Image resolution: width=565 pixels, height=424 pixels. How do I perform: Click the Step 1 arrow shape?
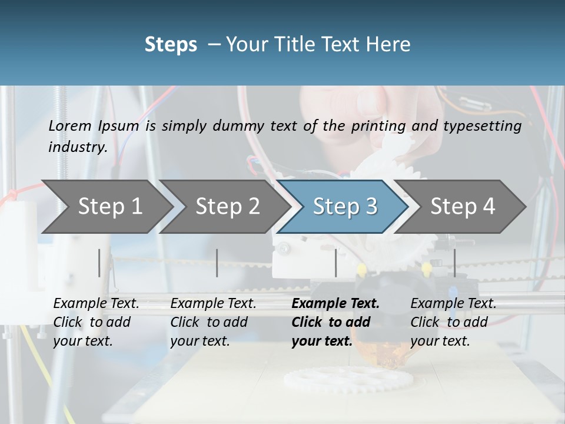tap(109, 206)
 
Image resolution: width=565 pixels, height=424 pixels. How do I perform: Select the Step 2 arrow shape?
tap(227, 206)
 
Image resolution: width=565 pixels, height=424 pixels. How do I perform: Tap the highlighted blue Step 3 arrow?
tap(344, 206)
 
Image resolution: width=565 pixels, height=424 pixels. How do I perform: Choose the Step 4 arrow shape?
tap(462, 206)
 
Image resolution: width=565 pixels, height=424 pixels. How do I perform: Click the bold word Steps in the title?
tap(171, 45)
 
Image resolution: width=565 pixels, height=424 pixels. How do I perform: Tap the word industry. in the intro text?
tap(78, 147)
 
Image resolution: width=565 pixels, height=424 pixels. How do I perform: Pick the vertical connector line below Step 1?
tap(99, 263)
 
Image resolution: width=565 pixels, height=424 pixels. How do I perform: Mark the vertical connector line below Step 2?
tap(217, 263)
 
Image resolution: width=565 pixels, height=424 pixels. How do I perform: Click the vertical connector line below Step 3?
tap(335, 263)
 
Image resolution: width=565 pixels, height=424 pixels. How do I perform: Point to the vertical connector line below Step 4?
tap(454, 263)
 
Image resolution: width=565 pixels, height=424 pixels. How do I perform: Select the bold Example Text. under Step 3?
tap(335, 304)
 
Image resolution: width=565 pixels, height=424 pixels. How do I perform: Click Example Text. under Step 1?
tap(96, 304)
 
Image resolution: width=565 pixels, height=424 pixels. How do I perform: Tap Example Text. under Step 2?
tap(213, 304)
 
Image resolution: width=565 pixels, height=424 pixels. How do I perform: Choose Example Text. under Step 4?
tap(453, 304)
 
